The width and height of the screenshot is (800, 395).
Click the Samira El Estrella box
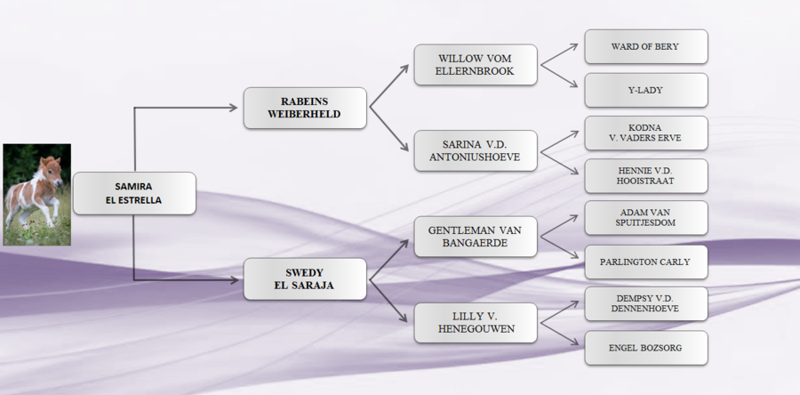(x=133, y=193)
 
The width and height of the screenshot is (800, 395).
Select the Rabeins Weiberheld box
(x=305, y=108)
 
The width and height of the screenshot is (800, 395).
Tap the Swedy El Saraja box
(x=305, y=278)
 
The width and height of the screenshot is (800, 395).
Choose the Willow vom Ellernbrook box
(x=476, y=65)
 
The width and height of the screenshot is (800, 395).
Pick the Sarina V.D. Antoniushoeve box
(x=476, y=151)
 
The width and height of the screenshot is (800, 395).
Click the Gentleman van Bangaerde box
(x=476, y=236)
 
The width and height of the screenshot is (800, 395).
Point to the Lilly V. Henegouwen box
(x=476, y=322)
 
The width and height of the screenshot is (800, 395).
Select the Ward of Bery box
(x=645, y=46)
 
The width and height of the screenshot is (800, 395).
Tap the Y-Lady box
(x=645, y=90)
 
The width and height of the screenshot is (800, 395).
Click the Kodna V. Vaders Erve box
(x=645, y=133)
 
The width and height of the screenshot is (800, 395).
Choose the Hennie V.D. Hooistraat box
(x=645, y=175)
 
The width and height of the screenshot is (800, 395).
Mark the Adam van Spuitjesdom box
(x=645, y=218)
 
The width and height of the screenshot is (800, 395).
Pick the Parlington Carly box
(x=645, y=262)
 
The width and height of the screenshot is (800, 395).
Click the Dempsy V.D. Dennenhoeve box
(x=645, y=303)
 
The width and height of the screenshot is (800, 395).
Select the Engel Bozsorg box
(x=645, y=347)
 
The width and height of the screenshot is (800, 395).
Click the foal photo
(x=36, y=194)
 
